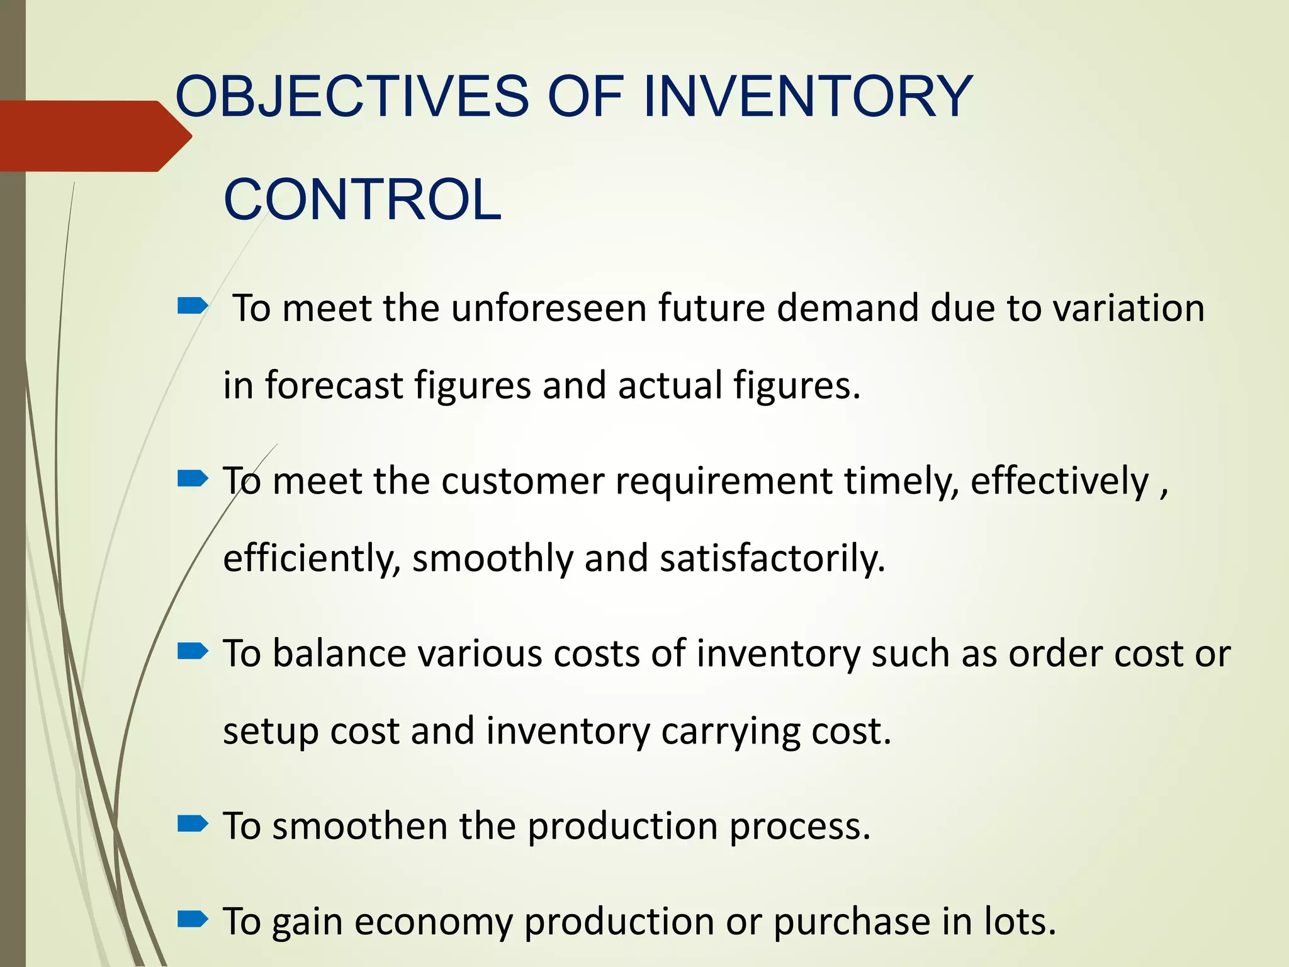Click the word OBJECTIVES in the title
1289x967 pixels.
click(x=352, y=96)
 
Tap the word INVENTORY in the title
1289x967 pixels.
click(x=808, y=96)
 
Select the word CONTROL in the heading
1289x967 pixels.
click(x=363, y=200)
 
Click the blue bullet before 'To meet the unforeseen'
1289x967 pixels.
click(x=193, y=307)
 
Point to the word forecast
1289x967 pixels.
click(x=334, y=385)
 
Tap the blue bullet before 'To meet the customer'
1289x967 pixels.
click(x=193, y=480)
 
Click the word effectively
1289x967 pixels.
click(x=1059, y=482)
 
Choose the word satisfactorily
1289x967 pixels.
click(x=772, y=558)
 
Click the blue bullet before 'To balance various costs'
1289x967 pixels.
click(x=193, y=652)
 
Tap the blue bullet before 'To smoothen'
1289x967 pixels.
click(x=193, y=823)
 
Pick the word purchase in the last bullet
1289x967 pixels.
click(x=852, y=922)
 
